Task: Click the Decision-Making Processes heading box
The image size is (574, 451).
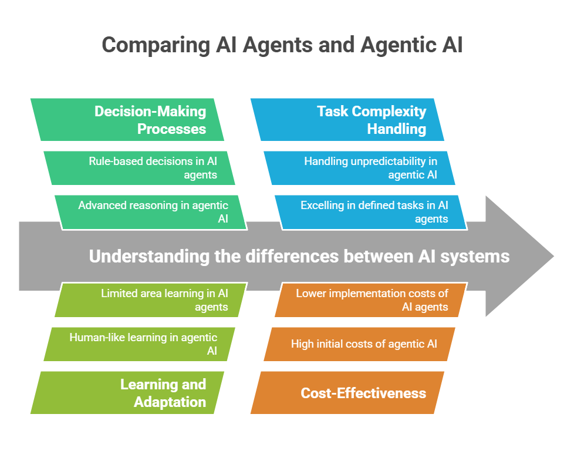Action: click(127, 120)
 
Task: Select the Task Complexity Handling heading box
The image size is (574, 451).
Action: click(347, 120)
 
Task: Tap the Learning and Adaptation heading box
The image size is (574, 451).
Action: click(127, 393)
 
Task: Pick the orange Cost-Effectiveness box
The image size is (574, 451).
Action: click(347, 393)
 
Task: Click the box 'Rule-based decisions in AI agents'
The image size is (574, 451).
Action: click(140, 167)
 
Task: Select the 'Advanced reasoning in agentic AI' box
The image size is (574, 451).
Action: click(151, 212)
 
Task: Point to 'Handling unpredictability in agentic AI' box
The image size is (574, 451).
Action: click(359, 167)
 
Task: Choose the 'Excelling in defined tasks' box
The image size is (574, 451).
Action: click(371, 212)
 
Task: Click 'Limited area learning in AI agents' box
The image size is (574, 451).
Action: click(151, 299)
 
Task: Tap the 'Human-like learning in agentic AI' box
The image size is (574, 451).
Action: click(140, 344)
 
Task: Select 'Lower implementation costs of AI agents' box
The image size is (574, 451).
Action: click(371, 299)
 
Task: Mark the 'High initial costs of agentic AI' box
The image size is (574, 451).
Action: click(359, 344)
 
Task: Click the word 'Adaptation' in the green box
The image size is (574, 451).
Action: click(170, 402)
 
